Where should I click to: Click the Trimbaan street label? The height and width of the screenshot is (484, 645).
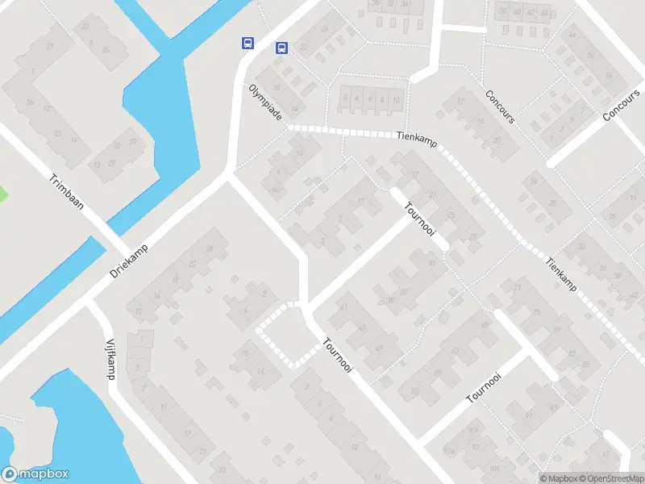click(x=66, y=192)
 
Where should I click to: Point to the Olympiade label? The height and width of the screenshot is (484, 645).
click(x=265, y=102)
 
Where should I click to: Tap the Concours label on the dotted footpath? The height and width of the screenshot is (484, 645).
click(x=500, y=106)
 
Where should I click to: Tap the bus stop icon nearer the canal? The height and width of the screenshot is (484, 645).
click(x=248, y=43)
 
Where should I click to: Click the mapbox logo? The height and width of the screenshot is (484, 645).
click(x=35, y=474)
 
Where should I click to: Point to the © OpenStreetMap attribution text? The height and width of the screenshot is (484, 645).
click(x=610, y=478)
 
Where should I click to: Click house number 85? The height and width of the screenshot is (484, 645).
click(x=585, y=365)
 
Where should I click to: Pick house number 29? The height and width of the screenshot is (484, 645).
click(x=473, y=236)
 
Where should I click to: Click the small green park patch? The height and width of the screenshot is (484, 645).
click(x=2, y=194)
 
